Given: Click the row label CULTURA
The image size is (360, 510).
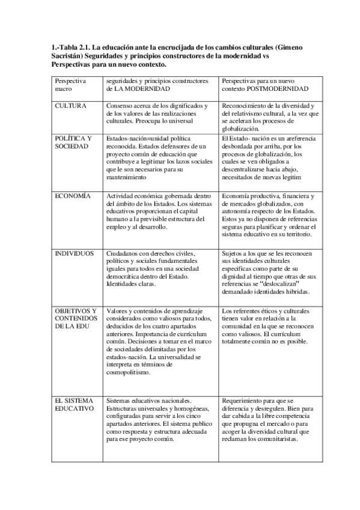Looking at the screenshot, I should pyautogui.click(x=70, y=105).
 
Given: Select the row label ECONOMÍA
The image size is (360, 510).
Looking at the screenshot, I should pyautogui.click(x=73, y=196).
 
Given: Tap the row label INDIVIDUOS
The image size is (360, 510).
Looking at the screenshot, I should pyautogui.click(x=75, y=254).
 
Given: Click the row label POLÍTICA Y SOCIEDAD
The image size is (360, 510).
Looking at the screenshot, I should pyautogui.click(x=73, y=143).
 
